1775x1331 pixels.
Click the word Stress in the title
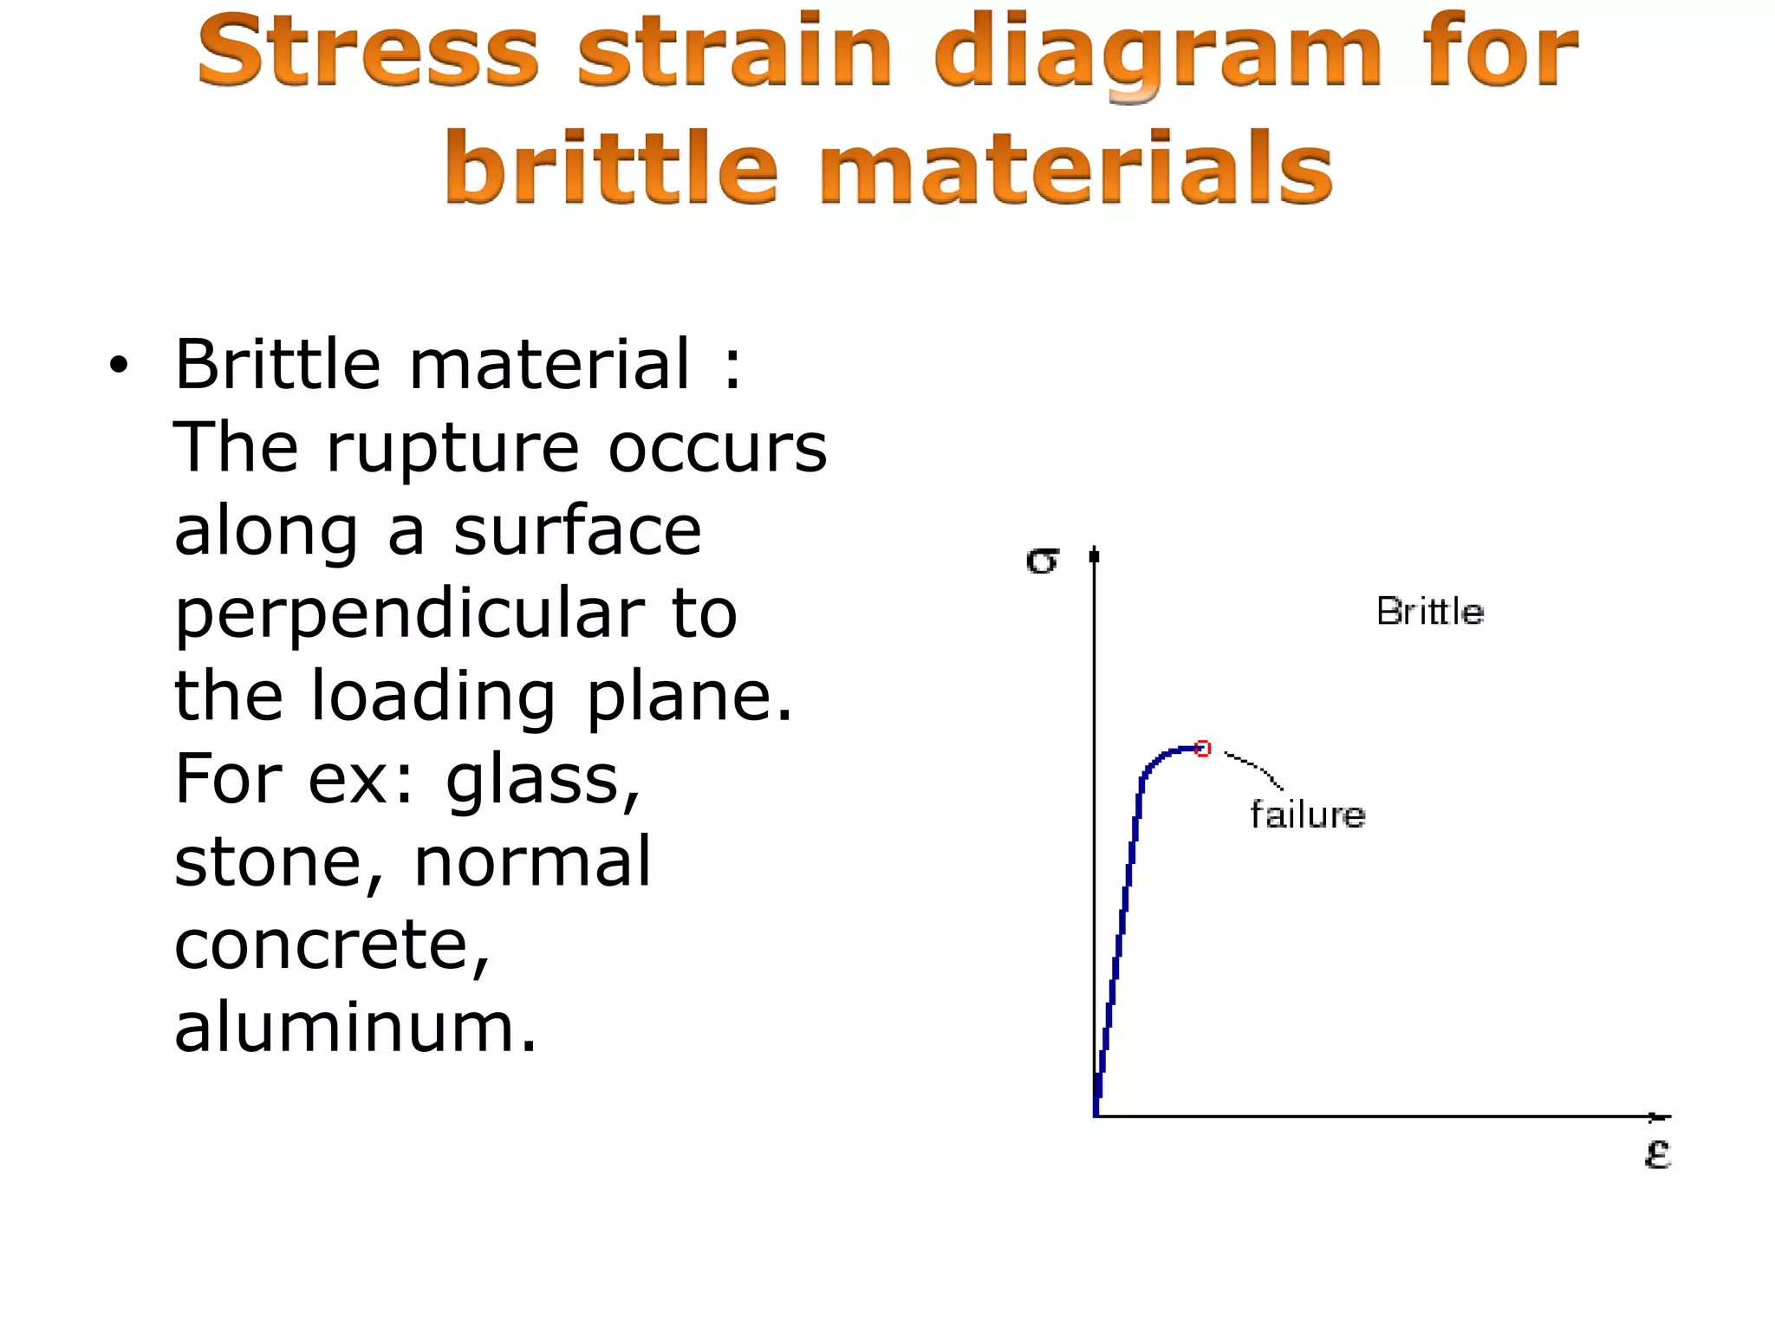pyautogui.click(x=368, y=52)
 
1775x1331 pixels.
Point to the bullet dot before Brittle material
pyautogui.click(x=118, y=367)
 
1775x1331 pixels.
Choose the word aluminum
pyautogui.click(x=355, y=1027)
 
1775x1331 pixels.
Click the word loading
pyautogui.click(x=433, y=698)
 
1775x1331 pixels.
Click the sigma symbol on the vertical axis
pyautogui.click(x=1042, y=562)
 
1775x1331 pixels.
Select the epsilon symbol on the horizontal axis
pyautogui.click(x=1657, y=1154)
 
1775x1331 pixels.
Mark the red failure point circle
pyautogui.click(x=1202, y=749)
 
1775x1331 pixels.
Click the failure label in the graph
pyautogui.click(x=1307, y=815)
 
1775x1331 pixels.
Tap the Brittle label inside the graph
pyautogui.click(x=1430, y=612)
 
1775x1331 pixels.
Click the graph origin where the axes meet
pyautogui.click(x=1096, y=1117)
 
